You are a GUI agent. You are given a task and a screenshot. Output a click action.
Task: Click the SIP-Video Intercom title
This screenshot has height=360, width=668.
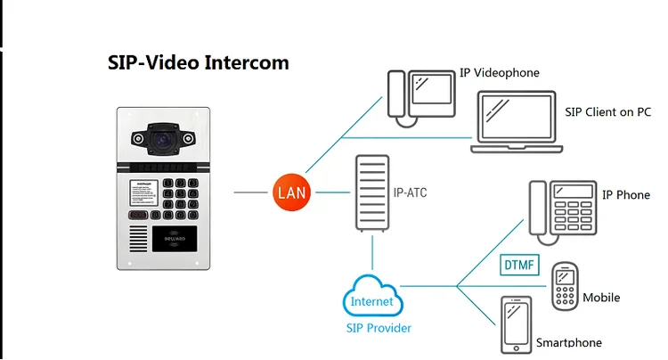click(x=198, y=63)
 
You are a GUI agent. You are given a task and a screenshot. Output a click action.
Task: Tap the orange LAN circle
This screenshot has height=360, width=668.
click(x=293, y=192)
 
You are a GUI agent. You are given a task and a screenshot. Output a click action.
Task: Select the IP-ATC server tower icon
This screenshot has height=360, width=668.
click(x=371, y=193)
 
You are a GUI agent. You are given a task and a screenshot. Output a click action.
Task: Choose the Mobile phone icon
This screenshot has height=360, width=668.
click(x=565, y=286)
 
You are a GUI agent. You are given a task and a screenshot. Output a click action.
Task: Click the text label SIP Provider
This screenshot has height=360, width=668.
click(x=378, y=328)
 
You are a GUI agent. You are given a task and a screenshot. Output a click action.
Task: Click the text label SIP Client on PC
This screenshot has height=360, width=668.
click(x=607, y=112)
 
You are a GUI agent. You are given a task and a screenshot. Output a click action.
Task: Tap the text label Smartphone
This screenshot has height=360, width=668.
click(x=568, y=342)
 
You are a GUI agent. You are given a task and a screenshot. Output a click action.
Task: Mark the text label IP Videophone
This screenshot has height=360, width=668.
click(x=500, y=72)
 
